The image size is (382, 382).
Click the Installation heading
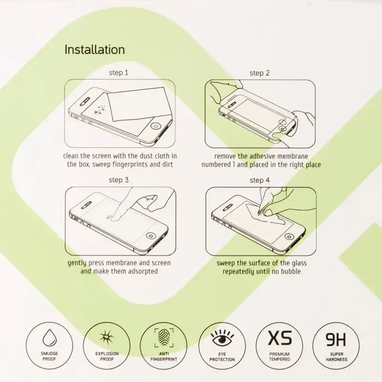(x=95, y=50)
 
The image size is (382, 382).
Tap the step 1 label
(x=118, y=73)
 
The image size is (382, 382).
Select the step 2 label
(x=260, y=73)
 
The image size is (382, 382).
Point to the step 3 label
(x=118, y=180)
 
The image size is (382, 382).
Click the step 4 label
(x=260, y=180)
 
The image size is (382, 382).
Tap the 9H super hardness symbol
(x=337, y=340)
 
